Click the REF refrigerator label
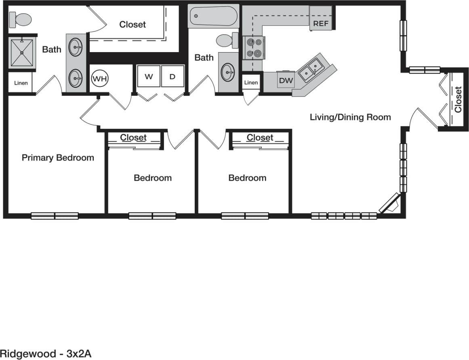(x=321, y=23)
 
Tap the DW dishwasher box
(x=286, y=80)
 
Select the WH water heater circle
(x=100, y=78)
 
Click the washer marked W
(x=149, y=77)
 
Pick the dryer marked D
(x=172, y=77)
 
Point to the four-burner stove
(x=253, y=48)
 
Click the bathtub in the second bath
(x=214, y=16)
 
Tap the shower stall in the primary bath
(x=22, y=53)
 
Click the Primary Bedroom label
(x=58, y=158)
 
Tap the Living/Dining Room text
(x=350, y=117)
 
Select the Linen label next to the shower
(x=21, y=83)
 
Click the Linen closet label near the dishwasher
(x=251, y=82)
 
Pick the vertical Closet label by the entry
(x=458, y=99)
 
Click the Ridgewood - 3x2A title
(x=46, y=354)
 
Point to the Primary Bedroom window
(x=55, y=216)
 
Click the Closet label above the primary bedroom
(x=132, y=24)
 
